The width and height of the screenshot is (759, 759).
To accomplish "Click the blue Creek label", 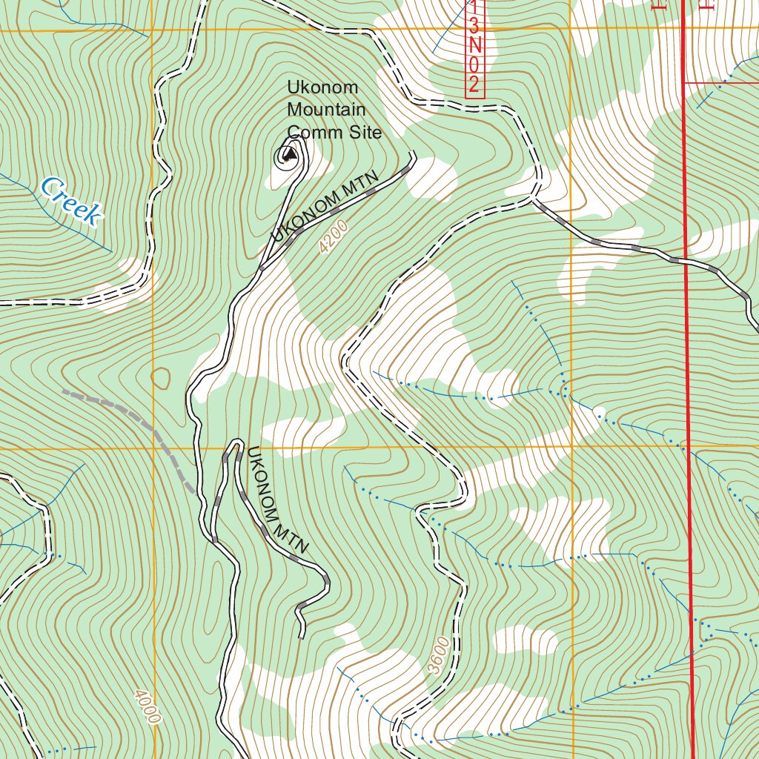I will (x=70, y=201).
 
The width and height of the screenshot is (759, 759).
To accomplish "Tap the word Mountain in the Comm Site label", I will (x=326, y=110).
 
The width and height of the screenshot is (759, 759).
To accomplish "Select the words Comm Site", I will (x=334, y=132).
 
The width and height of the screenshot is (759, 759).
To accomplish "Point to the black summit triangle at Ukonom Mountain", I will (x=289, y=156).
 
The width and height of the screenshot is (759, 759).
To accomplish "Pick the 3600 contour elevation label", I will (x=439, y=654).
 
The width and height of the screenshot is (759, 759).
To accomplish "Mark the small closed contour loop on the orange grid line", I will (x=160, y=378).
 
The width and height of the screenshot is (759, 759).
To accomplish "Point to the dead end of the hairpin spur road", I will (x=302, y=636).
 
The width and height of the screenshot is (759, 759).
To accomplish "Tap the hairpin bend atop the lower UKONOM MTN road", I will (x=235, y=444).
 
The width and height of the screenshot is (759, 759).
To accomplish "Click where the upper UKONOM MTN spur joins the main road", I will (x=262, y=267).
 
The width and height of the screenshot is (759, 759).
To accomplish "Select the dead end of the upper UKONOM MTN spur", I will (x=413, y=154).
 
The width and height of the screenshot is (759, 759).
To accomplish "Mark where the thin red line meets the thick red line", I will (x=683, y=82).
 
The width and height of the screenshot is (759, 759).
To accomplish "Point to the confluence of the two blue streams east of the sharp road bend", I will (x=565, y=385).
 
